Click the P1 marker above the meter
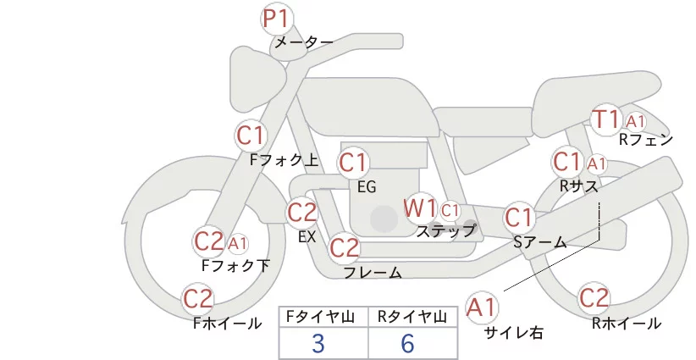[276, 19]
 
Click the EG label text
[367, 186]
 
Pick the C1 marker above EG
[354, 163]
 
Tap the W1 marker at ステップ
[420, 208]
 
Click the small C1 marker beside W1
[450, 209]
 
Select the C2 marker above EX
[302, 213]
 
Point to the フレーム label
[372, 272]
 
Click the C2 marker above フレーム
[344, 248]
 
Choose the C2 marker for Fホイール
[199, 299]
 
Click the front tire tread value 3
[318, 343]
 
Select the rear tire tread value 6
[408, 343]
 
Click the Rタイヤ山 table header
[412, 317]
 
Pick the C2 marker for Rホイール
[594, 298]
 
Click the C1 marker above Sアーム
[519, 218]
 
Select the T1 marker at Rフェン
[606, 119]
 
